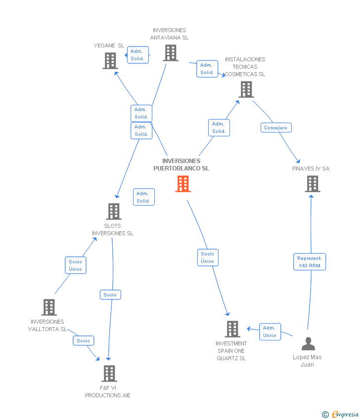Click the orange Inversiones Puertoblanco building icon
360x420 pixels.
point(183,184)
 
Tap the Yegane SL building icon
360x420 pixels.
point(110,61)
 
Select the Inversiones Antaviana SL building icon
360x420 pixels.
point(170,53)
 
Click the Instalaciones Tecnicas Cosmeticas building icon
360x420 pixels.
point(246,89)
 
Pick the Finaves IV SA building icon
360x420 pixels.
point(312,184)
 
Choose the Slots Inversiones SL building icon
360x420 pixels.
point(114,211)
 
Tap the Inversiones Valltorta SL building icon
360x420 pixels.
point(48,307)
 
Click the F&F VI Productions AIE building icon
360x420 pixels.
point(109,374)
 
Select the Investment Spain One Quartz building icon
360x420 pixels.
point(232,329)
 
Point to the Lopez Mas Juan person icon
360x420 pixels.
point(308,343)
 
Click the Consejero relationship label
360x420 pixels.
point(276,127)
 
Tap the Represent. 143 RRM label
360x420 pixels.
point(310,262)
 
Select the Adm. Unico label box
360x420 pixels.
point(270,332)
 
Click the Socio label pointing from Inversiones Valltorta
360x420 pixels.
point(84,340)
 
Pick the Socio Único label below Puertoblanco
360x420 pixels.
point(208,257)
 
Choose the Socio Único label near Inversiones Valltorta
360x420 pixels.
point(76,265)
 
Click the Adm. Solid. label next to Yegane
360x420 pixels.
point(137,55)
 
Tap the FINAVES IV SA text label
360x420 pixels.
point(311,168)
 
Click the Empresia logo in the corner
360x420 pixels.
point(341,415)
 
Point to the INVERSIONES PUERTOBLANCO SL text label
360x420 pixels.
point(181,165)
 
